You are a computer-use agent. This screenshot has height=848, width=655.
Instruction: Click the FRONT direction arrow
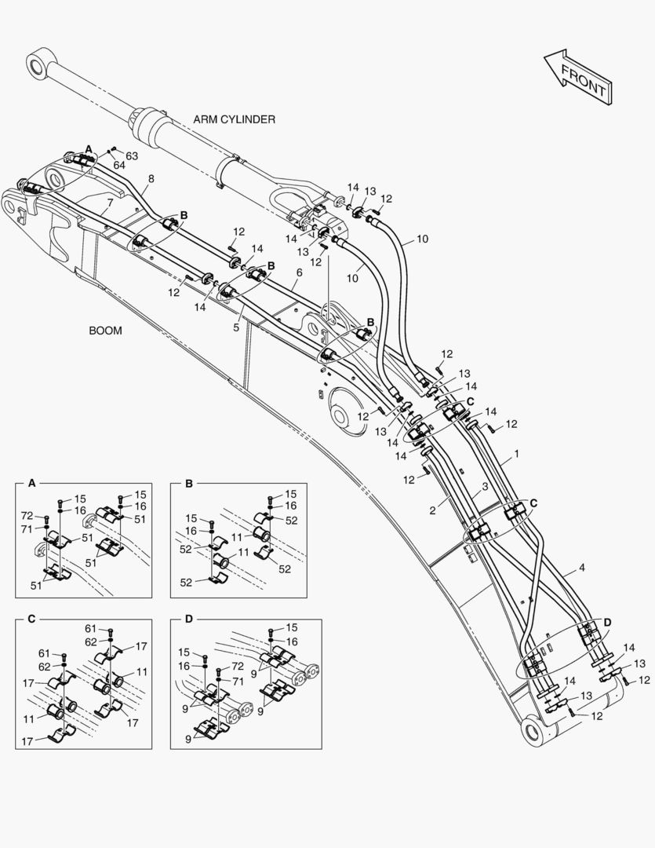[x=577, y=78]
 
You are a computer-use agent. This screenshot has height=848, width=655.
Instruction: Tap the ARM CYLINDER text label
[x=234, y=119]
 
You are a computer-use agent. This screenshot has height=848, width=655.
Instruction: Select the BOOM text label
[x=105, y=331]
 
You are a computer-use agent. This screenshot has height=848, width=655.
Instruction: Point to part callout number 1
[x=516, y=455]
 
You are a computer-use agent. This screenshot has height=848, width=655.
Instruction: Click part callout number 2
[x=432, y=510]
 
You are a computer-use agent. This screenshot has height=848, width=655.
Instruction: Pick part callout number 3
[x=485, y=488]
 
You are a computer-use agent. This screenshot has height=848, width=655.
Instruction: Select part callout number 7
[x=110, y=203]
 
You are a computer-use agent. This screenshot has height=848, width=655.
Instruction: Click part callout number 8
[x=151, y=178]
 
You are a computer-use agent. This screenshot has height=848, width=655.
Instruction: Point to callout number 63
[x=132, y=155]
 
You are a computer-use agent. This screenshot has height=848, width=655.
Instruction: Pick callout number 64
[x=118, y=165]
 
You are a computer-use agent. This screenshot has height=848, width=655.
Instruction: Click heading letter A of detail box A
[x=31, y=484]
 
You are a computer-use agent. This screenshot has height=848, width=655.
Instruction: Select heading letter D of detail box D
[x=187, y=619]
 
